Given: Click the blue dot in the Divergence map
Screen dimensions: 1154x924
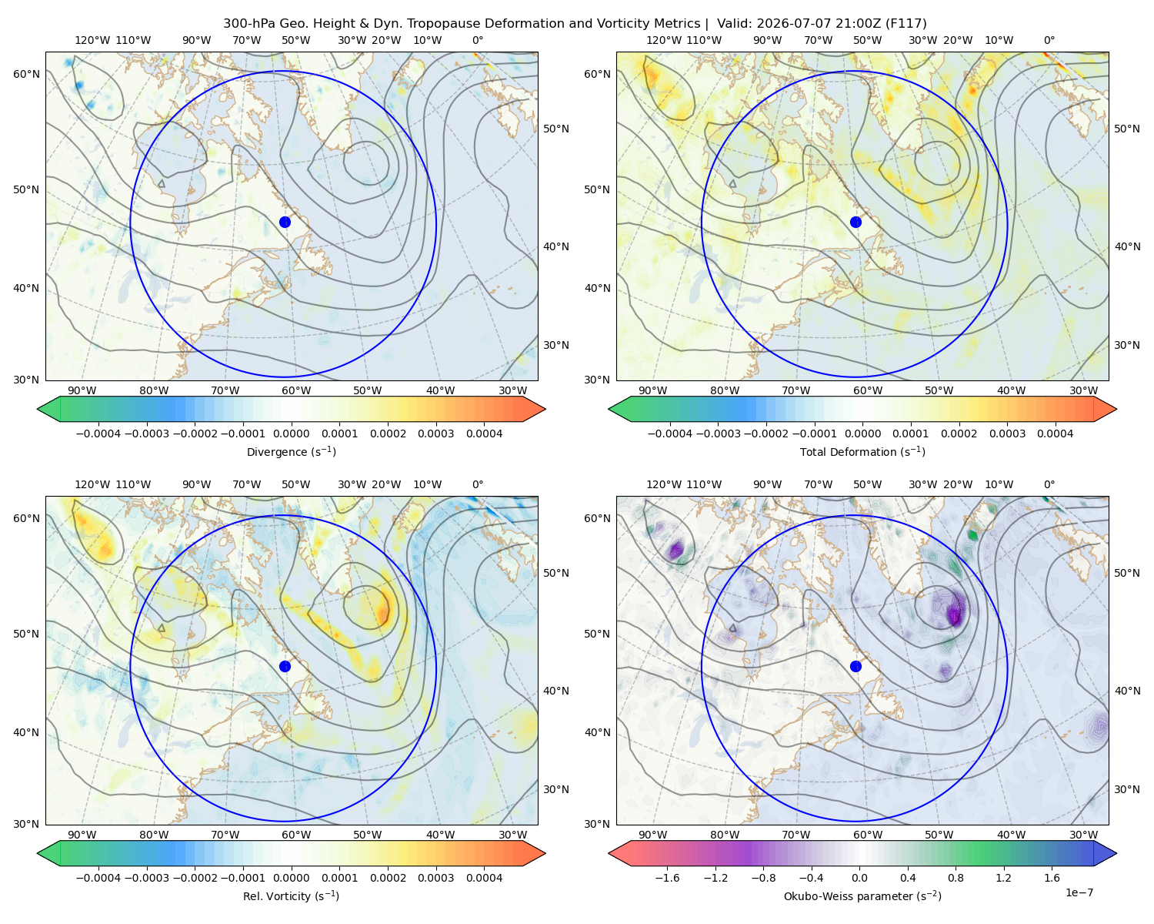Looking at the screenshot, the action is pyautogui.click(x=285, y=222).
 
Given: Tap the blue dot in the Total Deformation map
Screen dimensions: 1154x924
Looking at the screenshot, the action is pyautogui.click(x=855, y=222).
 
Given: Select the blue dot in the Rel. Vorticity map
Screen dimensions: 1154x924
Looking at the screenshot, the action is pyautogui.click(x=285, y=666).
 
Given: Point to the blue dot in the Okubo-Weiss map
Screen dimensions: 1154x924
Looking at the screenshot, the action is pyautogui.click(x=855, y=666).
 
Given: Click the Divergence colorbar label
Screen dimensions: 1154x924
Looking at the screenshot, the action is pyautogui.click(x=291, y=451).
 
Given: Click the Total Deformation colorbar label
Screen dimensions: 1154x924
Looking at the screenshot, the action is pyautogui.click(x=862, y=451).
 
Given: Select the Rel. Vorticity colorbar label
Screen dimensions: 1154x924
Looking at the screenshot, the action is pyautogui.click(x=291, y=896).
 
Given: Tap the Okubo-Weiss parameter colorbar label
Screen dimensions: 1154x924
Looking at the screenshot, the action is pyautogui.click(x=862, y=896).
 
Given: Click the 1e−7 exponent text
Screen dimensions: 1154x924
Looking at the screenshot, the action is pyautogui.click(x=1079, y=892).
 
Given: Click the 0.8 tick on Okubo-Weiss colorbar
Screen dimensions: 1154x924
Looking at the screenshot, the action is pyautogui.click(x=956, y=877).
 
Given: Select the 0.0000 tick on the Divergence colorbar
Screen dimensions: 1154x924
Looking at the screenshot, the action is pyautogui.click(x=291, y=434).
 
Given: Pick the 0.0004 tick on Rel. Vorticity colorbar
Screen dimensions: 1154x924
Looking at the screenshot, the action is pyautogui.click(x=484, y=877).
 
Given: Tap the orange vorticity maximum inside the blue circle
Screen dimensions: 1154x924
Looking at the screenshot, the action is pyautogui.click(x=383, y=611).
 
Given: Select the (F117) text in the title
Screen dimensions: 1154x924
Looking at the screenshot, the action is pyautogui.click(x=906, y=23).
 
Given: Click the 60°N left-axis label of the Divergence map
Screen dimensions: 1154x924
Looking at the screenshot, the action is pyautogui.click(x=26, y=74).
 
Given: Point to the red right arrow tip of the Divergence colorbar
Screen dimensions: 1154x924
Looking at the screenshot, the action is pyautogui.click(x=545, y=409).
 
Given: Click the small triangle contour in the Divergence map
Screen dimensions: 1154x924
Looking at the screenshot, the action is pyautogui.click(x=162, y=183).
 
